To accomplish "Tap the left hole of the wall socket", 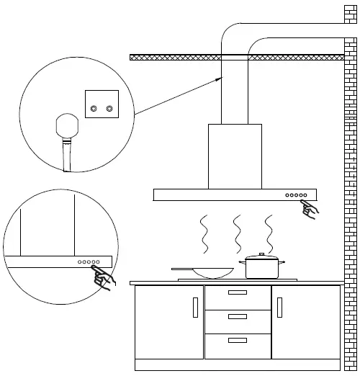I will click(x=93, y=108).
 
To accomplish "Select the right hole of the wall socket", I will click(x=109, y=108).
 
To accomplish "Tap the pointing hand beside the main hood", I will click(x=310, y=210).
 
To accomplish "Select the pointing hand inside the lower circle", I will click(x=104, y=277).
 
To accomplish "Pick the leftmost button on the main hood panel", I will click(x=287, y=195).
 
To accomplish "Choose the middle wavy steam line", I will click(x=236, y=233).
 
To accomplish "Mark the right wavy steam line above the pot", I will click(x=269, y=233).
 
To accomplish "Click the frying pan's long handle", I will click(x=184, y=269).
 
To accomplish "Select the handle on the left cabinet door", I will click(x=194, y=308).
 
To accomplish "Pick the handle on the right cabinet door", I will click(x=279, y=308).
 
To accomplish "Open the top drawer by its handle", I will click(x=237, y=293).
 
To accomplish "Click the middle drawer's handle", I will click(x=237, y=316).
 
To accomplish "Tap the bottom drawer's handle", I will click(x=237, y=340).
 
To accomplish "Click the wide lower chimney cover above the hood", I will click(x=235, y=156).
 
